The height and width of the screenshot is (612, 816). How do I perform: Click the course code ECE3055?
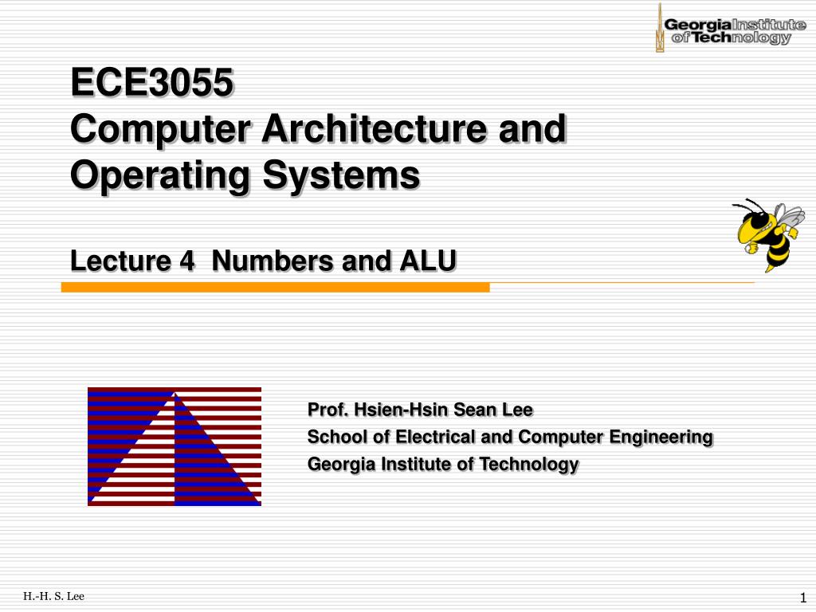pos(152,82)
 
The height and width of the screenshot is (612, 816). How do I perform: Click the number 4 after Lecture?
pos(186,261)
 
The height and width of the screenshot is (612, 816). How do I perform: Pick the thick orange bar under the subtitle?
pos(275,288)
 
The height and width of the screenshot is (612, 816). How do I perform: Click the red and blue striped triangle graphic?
pos(174,446)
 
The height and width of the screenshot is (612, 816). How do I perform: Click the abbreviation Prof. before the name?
pos(328,410)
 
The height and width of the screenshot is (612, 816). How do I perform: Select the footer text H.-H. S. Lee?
pos(53,596)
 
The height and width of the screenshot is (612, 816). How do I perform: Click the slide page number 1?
pos(803,598)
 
